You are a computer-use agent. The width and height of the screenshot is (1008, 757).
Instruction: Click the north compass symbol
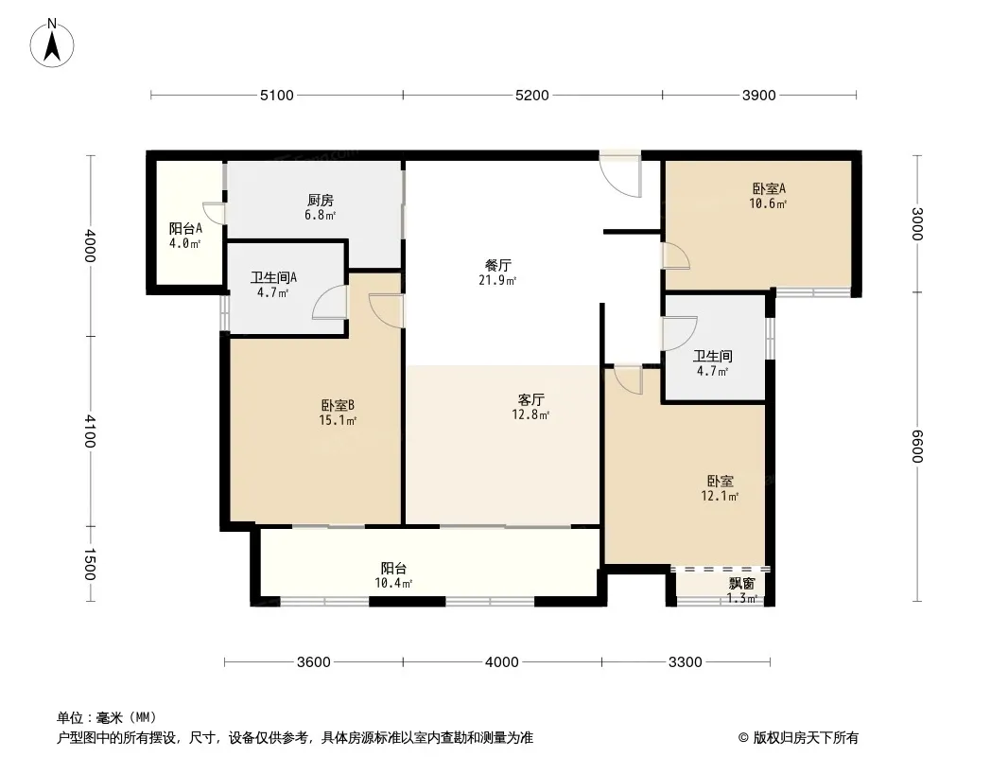coord(53,43)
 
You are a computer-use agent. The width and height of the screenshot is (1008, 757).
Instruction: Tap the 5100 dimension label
coord(277,95)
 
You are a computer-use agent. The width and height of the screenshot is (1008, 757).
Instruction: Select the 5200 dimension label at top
coord(532,95)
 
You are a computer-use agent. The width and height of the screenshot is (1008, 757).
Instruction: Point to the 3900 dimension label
coord(759,95)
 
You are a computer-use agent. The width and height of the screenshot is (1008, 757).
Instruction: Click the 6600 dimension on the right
coord(916,446)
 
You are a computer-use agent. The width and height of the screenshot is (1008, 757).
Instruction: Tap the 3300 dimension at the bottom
coord(686,662)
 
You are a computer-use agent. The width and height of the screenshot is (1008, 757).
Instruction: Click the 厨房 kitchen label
coord(321,201)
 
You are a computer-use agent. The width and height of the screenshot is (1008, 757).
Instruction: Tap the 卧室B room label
coord(338,406)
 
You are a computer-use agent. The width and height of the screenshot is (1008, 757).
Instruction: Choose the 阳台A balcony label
coord(185,228)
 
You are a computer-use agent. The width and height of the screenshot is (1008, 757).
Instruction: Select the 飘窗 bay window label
coord(741,584)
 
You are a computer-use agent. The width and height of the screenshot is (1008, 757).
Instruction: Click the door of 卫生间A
coord(328,302)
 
